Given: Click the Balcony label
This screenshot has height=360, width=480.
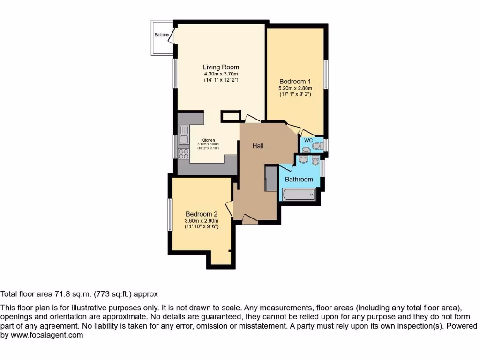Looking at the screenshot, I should click(x=162, y=35).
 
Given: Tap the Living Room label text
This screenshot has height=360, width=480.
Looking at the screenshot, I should click(x=221, y=67).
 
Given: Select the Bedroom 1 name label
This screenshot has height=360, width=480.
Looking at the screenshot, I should click(x=295, y=81).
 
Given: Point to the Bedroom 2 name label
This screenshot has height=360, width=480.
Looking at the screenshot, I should click(x=202, y=213).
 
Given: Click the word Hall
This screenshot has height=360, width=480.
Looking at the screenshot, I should click(x=258, y=146).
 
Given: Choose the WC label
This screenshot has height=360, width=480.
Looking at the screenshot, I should click(x=308, y=140).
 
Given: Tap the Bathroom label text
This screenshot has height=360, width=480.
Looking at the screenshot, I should click(x=299, y=180).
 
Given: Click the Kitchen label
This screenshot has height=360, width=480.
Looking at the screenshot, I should click(x=208, y=140).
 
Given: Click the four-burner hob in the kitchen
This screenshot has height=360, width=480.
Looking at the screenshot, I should click(x=183, y=153).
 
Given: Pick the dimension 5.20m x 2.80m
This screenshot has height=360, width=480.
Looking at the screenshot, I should click(x=295, y=88).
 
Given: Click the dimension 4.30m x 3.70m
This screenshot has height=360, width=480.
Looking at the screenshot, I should click(x=221, y=74).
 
